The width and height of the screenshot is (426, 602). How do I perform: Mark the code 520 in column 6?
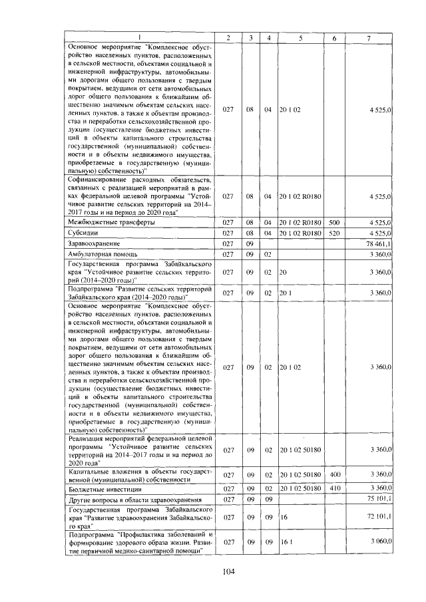[x=334, y=233]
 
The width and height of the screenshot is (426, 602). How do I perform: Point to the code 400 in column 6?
[x=334, y=475]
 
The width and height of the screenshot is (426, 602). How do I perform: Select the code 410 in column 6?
[x=334, y=489]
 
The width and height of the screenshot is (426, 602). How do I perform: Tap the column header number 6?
[x=334, y=38]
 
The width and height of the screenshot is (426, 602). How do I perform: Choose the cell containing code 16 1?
[x=286, y=542]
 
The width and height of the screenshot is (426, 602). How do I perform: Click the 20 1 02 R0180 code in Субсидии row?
[x=300, y=233]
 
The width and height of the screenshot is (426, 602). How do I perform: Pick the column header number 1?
[x=140, y=38]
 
